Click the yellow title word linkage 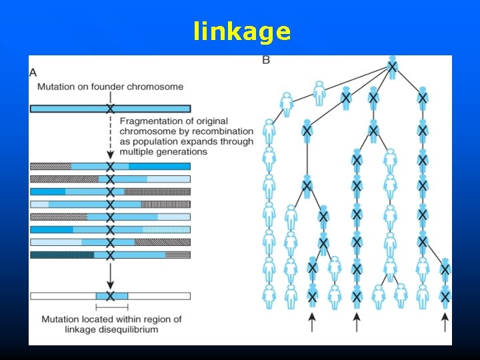coord(242,31)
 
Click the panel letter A coord(33,72)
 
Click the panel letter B coord(267,61)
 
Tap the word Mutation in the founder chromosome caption coord(57,87)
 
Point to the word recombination coord(223,131)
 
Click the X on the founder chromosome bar coord(111,109)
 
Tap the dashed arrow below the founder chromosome coord(111,137)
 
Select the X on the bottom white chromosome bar coord(111,295)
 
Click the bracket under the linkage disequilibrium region coord(112,307)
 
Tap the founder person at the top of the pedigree coord(393,67)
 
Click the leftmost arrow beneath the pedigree coord(312,323)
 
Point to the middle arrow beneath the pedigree coord(357,323)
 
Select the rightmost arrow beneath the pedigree coord(445,323)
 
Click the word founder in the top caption coord(124,87)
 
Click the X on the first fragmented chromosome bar coord(111,166)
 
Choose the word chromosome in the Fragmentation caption coord(145,131)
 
